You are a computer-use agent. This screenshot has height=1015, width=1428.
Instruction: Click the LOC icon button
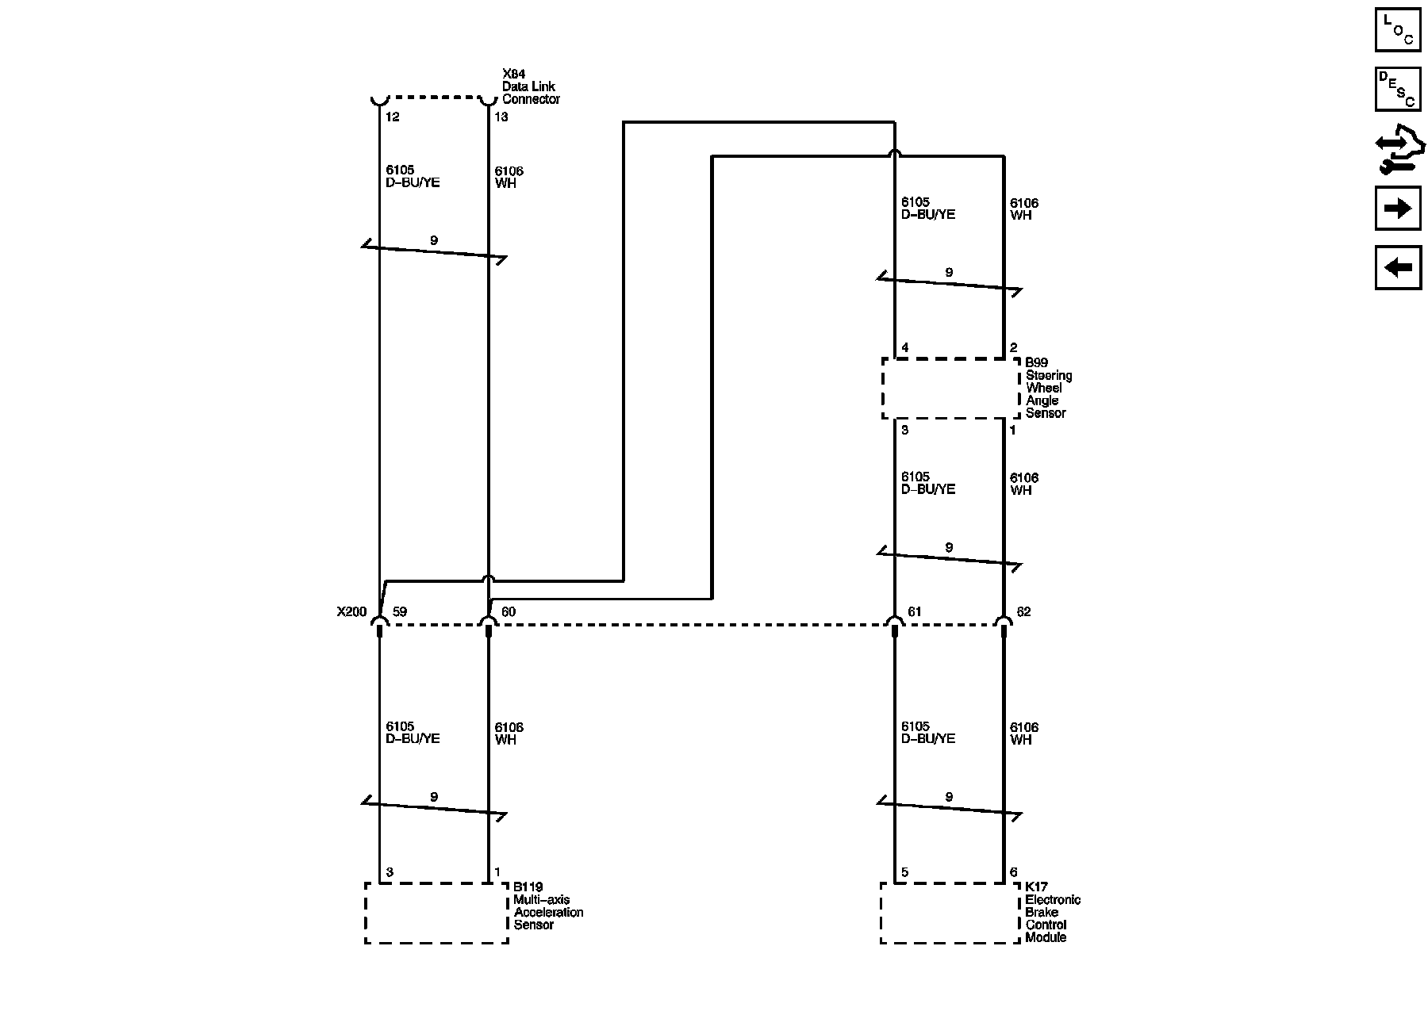click(1397, 30)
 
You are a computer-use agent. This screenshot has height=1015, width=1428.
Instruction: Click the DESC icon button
click(1397, 89)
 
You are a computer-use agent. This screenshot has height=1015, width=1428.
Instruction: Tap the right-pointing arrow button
click(1397, 209)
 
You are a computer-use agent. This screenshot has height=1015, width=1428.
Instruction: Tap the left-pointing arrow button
click(1397, 267)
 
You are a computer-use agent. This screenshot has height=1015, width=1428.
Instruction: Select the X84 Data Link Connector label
click(530, 86)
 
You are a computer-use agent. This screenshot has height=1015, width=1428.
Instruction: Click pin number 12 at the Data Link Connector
click(392, 117)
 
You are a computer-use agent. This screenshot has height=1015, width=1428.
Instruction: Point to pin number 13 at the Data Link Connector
click(501, 117)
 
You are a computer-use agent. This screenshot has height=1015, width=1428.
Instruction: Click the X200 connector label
click(351, 612)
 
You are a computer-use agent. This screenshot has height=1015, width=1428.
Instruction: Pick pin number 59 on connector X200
click(400, 612)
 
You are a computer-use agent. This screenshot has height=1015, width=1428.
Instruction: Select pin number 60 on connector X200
click(509, 612)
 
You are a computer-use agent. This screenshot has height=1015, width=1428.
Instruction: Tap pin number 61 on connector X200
click(915, 612)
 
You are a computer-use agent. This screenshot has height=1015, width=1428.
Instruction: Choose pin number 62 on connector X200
click(1024, 612)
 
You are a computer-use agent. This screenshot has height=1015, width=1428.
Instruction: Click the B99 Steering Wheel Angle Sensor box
click(950, 389)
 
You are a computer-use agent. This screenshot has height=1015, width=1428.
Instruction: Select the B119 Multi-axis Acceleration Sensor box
click(436, 913)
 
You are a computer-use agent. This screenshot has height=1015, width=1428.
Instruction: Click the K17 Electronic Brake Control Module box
click(950, 913)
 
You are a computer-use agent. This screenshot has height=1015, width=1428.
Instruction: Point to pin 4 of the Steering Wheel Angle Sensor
click(905, 348)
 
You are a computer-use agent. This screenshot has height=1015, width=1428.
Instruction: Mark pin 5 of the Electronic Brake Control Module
click(905, 873)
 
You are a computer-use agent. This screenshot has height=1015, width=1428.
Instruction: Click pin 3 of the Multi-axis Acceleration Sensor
click(390, 873)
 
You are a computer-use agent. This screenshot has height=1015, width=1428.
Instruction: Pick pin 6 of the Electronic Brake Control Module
click(1013, 873)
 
